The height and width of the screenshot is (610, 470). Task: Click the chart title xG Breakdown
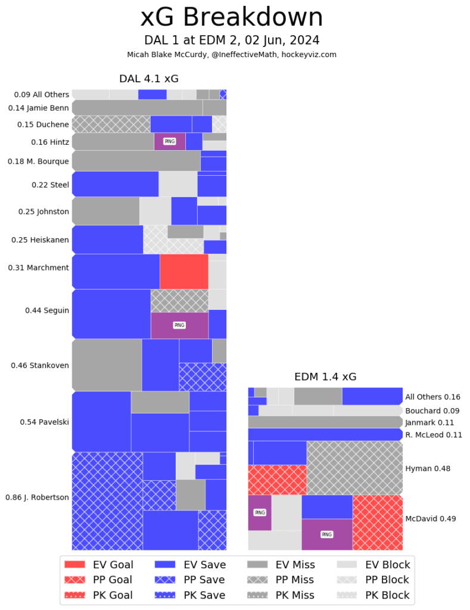[x=231, y=18]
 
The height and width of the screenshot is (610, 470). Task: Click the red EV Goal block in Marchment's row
[x=183, y=271]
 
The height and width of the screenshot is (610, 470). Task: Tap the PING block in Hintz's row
[x=170, y=141]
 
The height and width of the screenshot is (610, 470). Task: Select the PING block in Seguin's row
[x=179, y=325]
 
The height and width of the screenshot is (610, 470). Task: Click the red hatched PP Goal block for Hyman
[x=277, y=480]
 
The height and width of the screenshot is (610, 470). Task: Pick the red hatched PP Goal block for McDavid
[x=378, y=522]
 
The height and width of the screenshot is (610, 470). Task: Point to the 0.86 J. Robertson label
[x=37, y=497]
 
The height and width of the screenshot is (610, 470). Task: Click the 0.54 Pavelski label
[x=44, y=422]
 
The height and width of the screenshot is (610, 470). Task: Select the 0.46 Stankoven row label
[x=40, y=365]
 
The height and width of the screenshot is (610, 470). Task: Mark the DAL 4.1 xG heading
[x=148, y=79]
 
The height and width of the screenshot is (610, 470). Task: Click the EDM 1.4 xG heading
[x=325, y=376]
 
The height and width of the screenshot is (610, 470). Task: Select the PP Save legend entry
[x=190, y=580]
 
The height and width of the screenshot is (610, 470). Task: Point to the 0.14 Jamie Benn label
[x=39, y=108]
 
